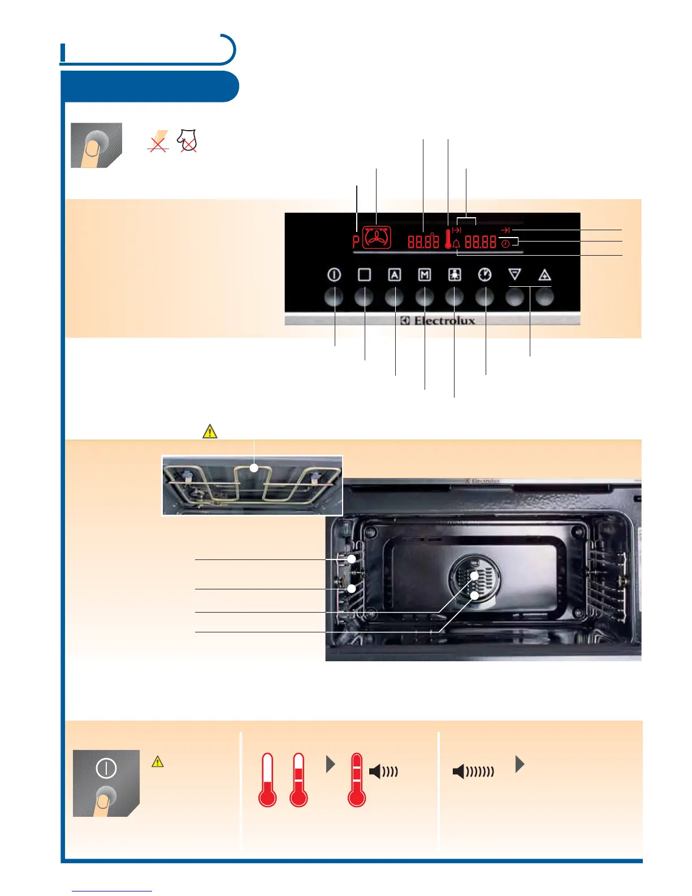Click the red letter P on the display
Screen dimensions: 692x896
[356, 242]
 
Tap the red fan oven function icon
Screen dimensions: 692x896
[377, 238]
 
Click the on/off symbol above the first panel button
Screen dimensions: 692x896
[334, 275]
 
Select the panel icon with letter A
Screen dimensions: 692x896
[394, 275]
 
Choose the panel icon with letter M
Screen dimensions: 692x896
[424, 275]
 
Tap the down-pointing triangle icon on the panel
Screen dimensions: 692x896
[514, 275]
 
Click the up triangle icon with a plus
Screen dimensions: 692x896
[544, 275]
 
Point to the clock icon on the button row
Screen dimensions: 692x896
[485, 275]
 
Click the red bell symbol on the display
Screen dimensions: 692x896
[456, 244]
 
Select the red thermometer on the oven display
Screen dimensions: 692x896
[448, 239]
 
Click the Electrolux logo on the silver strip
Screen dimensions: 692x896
[438, 321]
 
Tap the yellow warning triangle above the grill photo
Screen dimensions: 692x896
[210, 432]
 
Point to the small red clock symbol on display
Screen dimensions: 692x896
[505, 244]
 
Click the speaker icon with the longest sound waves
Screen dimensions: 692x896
[473, 771]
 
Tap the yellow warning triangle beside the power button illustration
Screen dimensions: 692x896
[158, 762]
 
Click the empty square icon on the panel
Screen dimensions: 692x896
[364, 275]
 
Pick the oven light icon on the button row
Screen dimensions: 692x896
[455, 275]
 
